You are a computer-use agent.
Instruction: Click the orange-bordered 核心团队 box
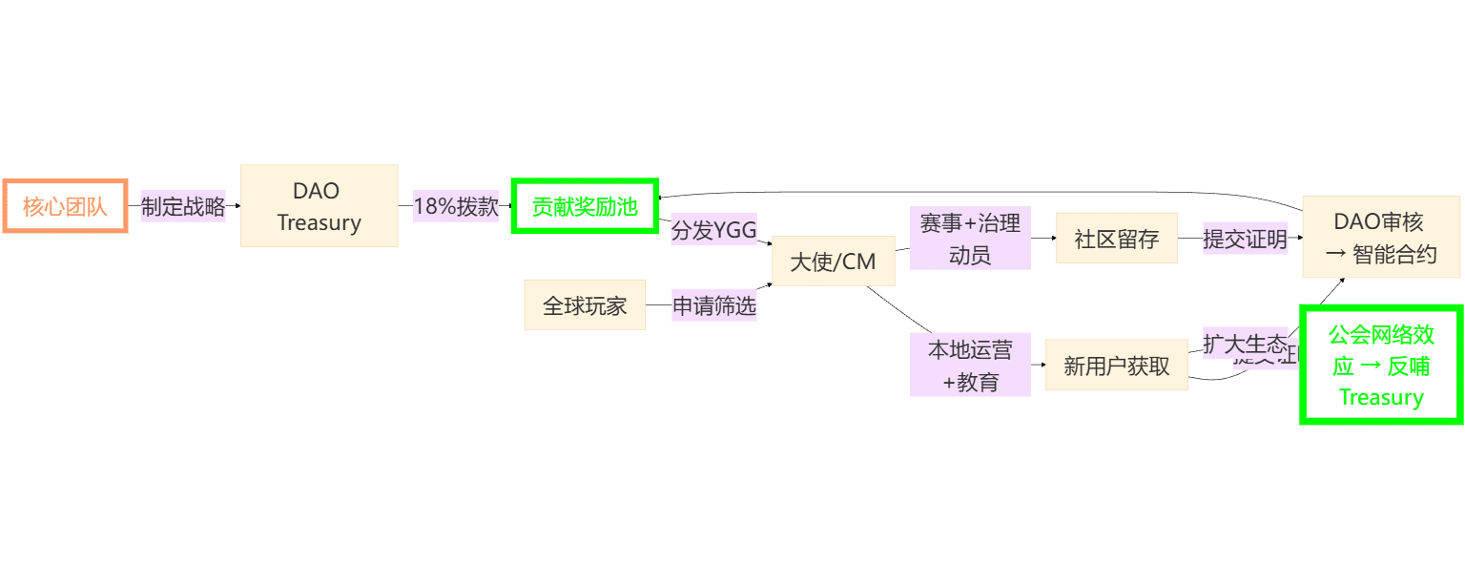65,205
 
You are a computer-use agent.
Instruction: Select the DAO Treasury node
319,205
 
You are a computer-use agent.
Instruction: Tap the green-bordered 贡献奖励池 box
585,205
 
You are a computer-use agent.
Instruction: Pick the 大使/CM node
833,261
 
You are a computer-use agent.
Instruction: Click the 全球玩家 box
585,304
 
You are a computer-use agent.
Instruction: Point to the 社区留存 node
1116,238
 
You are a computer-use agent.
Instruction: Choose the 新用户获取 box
1116,366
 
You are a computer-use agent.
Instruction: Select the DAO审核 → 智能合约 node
1380,237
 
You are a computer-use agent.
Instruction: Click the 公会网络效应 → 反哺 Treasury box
1380,365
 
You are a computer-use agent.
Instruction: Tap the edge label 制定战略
183,205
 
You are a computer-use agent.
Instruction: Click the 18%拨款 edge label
456,205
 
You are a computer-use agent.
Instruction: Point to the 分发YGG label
713,229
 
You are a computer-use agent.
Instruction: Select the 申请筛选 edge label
713,305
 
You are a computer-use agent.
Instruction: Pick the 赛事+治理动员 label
969,238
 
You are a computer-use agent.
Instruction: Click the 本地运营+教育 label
969,365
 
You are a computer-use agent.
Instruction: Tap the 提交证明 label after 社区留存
1245,239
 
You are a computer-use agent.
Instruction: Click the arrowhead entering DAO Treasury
237,205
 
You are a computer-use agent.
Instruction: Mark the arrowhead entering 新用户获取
1042,366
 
